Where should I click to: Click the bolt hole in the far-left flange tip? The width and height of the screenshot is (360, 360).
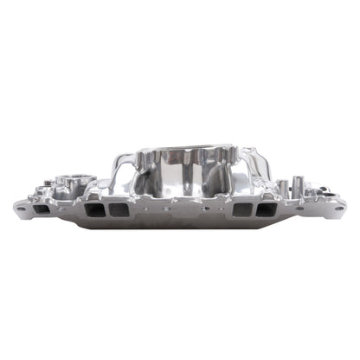pos(19,208)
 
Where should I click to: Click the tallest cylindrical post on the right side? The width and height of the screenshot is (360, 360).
pos(297,184)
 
